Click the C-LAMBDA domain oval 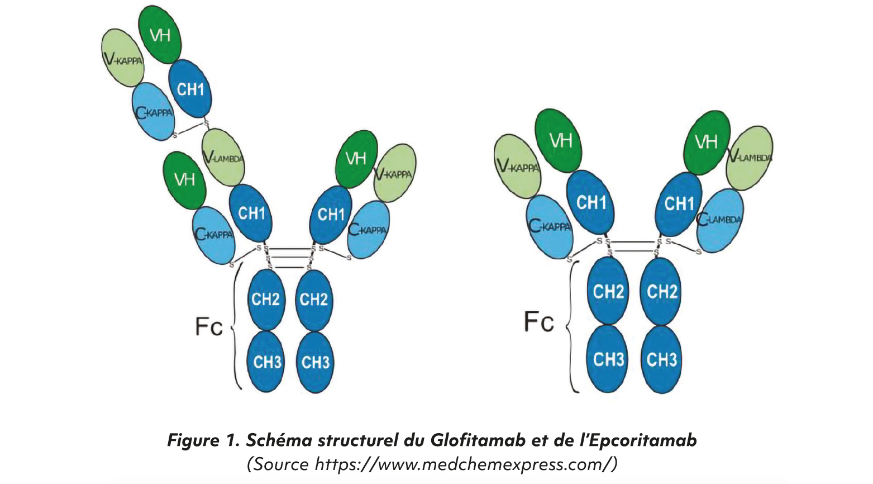coord(720,220)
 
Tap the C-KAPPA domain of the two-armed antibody coord(550,227)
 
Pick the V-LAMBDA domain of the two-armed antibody coord(750,158)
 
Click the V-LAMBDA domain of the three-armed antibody coord(223,158)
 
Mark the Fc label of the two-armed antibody coord(538,322)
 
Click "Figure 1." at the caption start coord(203,440)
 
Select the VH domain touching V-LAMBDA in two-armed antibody coord(707,142)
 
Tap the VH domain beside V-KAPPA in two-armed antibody coord(559,140)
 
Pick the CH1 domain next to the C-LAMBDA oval coord(678,203)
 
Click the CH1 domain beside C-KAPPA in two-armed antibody coord(590,202)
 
